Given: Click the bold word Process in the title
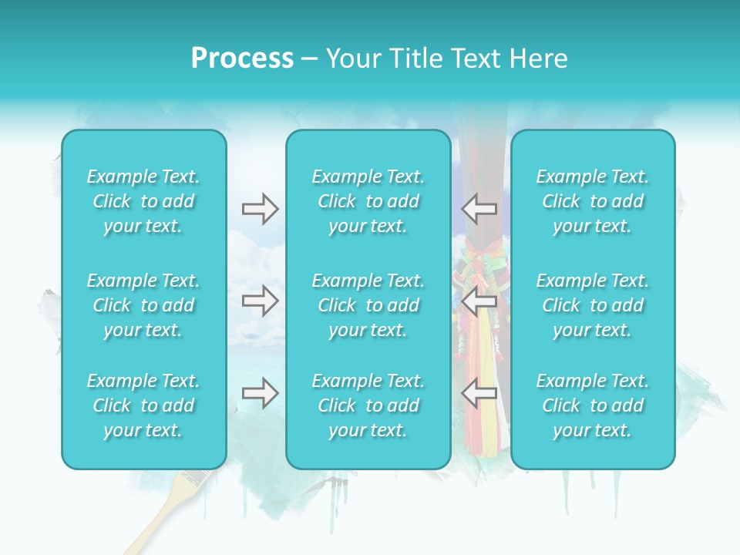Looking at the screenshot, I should [242, 59].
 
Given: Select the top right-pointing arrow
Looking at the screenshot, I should [260, 209].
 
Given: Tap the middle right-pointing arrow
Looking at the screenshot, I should [260, 301].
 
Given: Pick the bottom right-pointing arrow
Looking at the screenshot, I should [260, 393].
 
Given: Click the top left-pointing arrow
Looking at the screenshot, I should [479, 209].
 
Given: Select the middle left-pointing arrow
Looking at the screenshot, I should [479, 301].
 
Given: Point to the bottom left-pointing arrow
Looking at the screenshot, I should [479, 393].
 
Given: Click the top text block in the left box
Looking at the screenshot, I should [143, 201].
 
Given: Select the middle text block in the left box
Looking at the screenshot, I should [143, 305].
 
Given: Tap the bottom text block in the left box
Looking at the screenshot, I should [143, 405].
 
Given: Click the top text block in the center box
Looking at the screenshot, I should [368, 201].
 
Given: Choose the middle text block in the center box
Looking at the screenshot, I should [368, 305].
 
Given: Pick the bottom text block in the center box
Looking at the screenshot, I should [368, 405].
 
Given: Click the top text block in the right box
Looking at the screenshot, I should [593, 201].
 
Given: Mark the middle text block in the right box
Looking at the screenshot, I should [593, 305].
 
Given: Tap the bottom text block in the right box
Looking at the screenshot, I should [593, 405].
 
